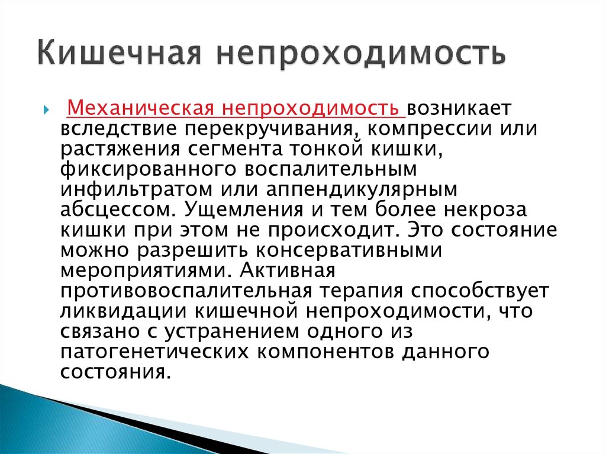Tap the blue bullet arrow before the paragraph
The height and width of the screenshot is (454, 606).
tap(46, 110)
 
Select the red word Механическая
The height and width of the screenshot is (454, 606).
tap(140, 108)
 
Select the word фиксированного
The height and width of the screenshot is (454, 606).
tap(149, 170)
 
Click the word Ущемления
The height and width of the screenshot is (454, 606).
tap(244, 210)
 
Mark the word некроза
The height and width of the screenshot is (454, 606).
tap(485, 210)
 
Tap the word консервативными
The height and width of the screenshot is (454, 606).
tap(349, 250)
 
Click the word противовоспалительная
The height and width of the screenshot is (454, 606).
tap(186, 291)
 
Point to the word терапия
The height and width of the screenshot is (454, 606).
tap(361, 291)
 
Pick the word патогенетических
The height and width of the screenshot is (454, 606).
tap(154, 351)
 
